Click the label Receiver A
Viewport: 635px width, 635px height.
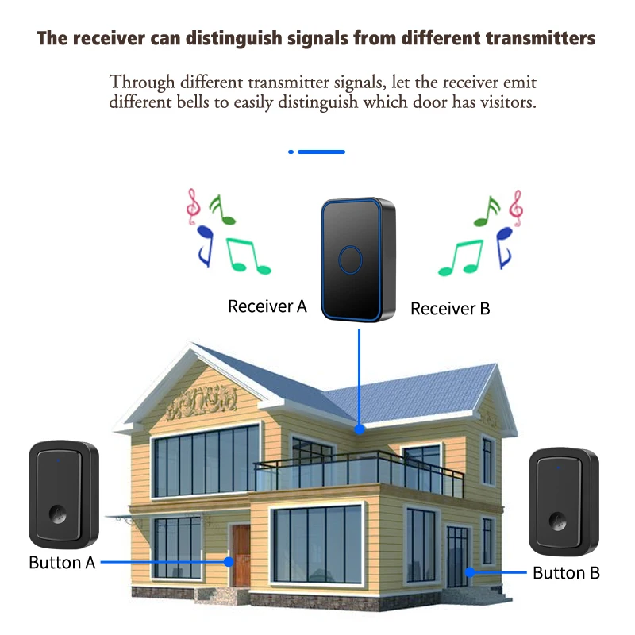click(x=267, y=306)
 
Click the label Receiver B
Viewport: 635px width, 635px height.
click(x=450, y=309)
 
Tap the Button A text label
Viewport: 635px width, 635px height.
click(x=62, y=563)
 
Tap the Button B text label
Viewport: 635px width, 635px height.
click(x=566, y=572)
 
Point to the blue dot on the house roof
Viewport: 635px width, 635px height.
click(x=360, y=429)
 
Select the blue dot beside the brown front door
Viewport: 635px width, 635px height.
click(x=229, y=561)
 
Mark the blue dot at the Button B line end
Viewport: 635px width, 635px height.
click(x=470, y=571)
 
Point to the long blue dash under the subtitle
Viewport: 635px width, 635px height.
click(x=321, y=151)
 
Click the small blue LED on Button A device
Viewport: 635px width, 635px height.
click(x=57, y=460)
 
